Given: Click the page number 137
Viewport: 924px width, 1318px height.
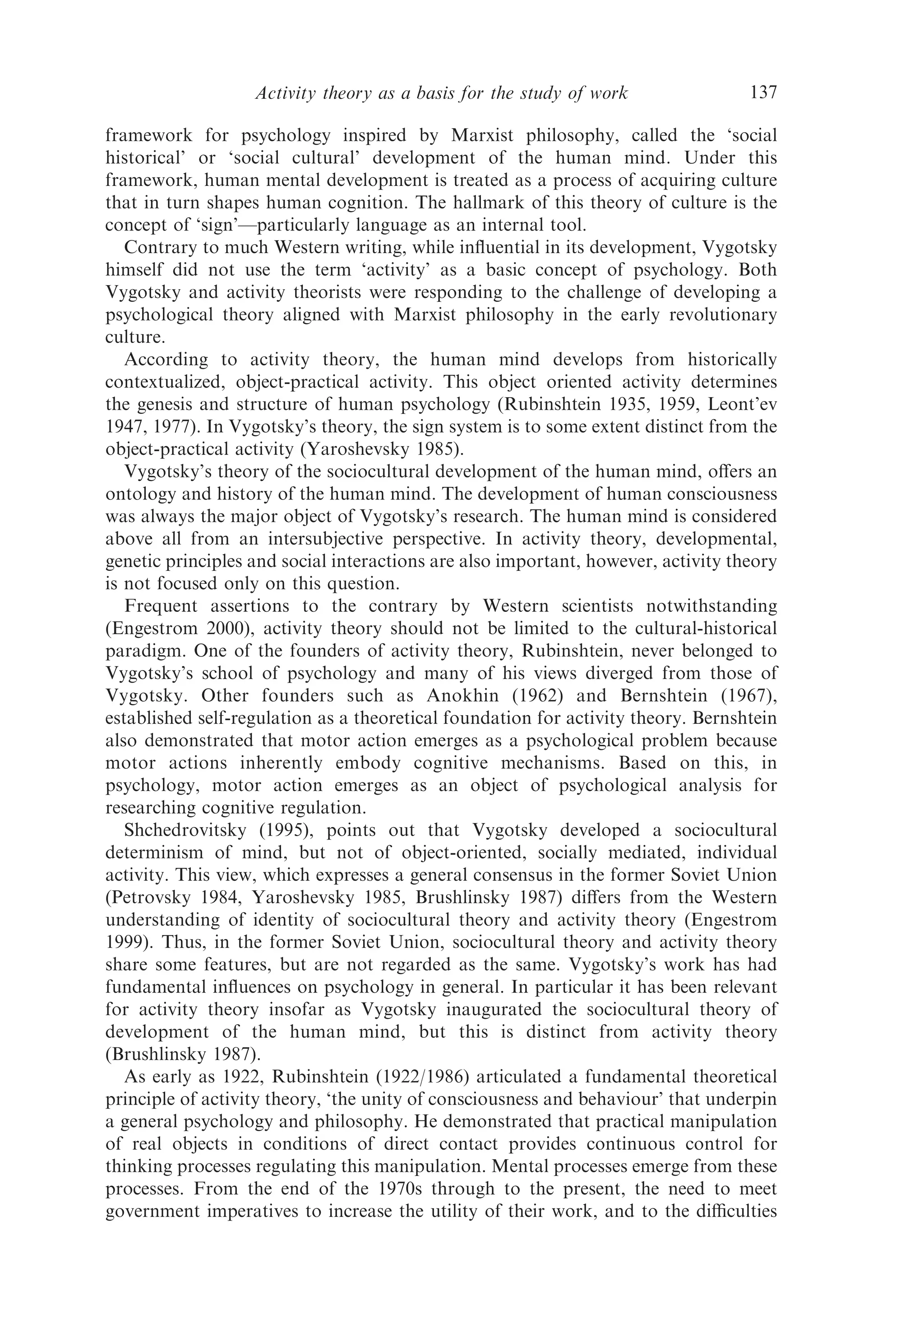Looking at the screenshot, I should coord(763,92).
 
